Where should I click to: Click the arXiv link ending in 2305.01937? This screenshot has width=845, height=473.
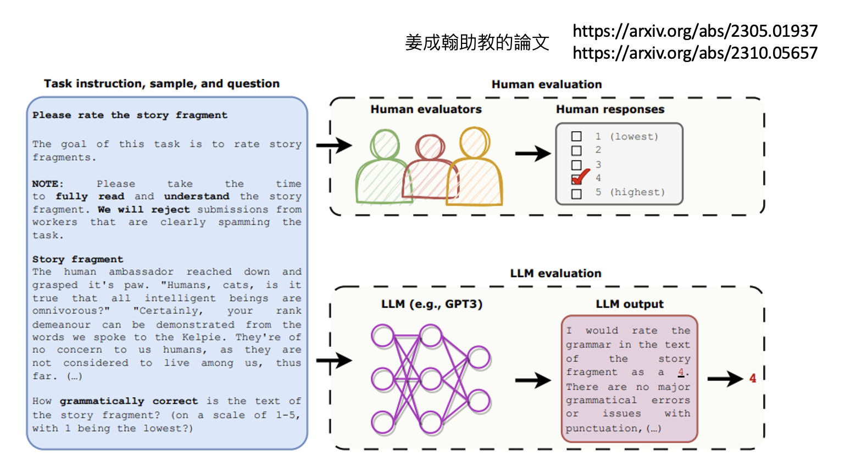click(x=695, y=31)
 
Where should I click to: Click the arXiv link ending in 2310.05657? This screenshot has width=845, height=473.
click(x=695, y=53)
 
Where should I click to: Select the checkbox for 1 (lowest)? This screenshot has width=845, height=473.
click(x=576, y=136)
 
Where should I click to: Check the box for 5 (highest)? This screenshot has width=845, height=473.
click(x=576, y=193)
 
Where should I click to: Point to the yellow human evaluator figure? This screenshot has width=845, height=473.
click(x=475, y=170)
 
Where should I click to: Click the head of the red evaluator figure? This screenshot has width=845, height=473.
click(x=430, y=147)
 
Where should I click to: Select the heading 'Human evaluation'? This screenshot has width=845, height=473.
click(x=547, y=85)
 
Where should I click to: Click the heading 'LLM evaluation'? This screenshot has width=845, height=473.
click(x=555, y=273)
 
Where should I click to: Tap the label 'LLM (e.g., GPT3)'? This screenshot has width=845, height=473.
click(x=432, y=304)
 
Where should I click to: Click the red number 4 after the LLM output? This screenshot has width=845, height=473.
click(x=753, y=378)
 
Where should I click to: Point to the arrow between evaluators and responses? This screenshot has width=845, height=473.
click(x=532, y=154)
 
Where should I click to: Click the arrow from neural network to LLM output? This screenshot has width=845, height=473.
click(x=532, y=380)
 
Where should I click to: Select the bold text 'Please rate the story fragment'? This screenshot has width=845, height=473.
click(x=130, y=115)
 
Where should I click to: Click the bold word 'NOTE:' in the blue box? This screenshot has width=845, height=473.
click(x=48, y=184)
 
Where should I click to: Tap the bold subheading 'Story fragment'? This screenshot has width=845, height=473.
click(x=77, y=259)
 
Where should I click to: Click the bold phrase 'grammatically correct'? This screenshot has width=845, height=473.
click(x=129, y=401)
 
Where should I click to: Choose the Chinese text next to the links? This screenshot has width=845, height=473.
click(x=477, y=42)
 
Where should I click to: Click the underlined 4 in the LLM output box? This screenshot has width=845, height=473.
click(x=681, y=372)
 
